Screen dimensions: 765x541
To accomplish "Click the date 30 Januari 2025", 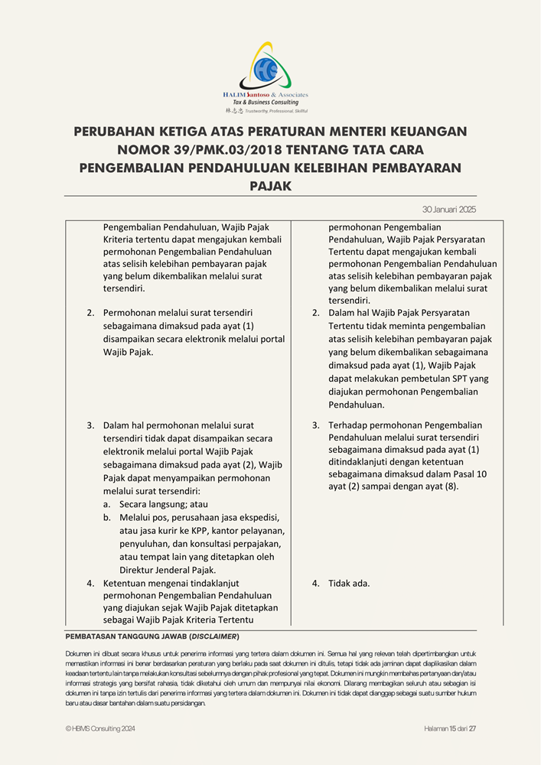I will coord(449,209).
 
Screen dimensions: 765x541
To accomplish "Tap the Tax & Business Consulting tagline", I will coord(266,103).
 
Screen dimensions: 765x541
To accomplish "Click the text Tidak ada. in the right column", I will coord(349,583).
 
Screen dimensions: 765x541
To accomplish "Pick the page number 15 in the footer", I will coord(453,729).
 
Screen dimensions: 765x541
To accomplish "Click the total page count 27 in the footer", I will coord(473,729).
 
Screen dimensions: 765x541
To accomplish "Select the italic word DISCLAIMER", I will coord(214,636).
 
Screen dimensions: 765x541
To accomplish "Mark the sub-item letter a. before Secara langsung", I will coord(106,504).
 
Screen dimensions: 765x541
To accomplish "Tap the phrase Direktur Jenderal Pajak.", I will coord(168,570).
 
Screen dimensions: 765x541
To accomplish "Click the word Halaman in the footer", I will coord(436,729).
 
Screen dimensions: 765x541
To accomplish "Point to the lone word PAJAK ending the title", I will coord(270,185).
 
